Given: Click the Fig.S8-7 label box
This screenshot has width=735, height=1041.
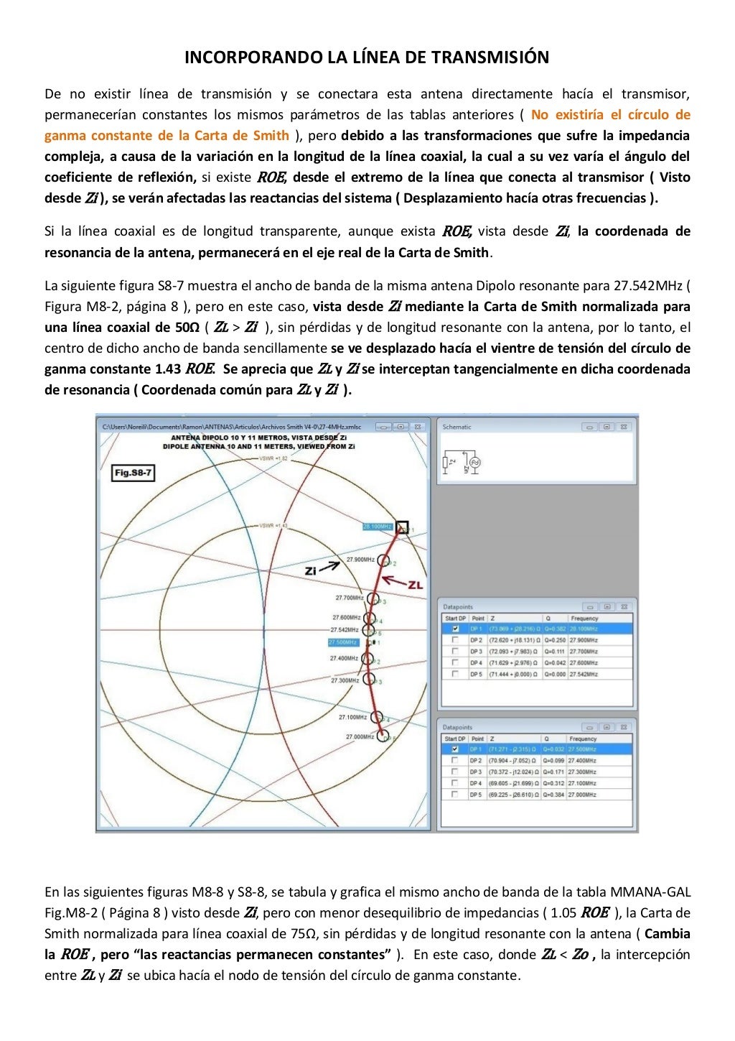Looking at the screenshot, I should [134, 473].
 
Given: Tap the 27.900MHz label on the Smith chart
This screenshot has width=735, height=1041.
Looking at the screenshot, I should [360, 559].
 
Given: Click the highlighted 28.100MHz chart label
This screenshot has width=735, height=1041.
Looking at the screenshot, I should [378, 527].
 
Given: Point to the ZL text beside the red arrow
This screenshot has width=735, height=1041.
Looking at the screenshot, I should [416, 585].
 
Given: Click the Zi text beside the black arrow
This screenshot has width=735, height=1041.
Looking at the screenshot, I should [311, 571].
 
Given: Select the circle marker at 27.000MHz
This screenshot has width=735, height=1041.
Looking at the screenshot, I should [383, 736].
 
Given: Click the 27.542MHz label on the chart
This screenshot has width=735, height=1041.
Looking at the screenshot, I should [344, 629].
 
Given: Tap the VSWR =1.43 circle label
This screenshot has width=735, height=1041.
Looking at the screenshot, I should [273, 525].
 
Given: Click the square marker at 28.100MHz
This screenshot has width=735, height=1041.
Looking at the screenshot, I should [402, 527].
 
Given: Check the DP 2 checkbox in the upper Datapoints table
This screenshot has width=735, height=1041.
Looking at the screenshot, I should [454, 640].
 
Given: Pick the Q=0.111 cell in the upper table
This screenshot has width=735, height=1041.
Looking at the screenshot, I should [554, 652].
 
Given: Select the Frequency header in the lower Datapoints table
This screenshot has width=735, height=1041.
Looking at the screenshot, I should [584, 739].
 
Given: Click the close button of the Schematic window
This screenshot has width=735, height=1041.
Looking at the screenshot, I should [624, 427].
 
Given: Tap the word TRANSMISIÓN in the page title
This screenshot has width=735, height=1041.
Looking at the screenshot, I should [491, 57].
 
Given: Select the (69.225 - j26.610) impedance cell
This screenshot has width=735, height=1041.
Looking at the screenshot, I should [514, 795].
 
